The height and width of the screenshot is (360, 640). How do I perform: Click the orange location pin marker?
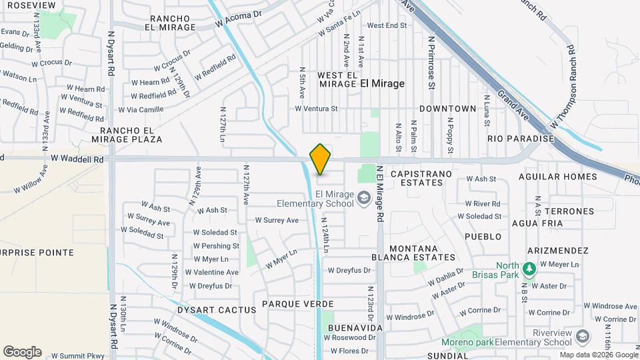321,159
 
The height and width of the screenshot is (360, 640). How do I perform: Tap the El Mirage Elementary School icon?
364,197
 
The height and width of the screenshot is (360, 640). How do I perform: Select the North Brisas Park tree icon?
530,269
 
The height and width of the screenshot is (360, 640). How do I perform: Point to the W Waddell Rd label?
78,159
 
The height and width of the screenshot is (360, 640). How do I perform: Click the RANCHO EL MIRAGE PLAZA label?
131,135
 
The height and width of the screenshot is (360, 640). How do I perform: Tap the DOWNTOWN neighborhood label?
448,109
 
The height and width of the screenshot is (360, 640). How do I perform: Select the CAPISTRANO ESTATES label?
421,179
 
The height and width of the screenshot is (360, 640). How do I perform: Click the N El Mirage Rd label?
379,193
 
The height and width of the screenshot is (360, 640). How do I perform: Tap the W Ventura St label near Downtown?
317,109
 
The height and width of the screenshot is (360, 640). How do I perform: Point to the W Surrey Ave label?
277,220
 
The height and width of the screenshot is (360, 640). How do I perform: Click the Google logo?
22,351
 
